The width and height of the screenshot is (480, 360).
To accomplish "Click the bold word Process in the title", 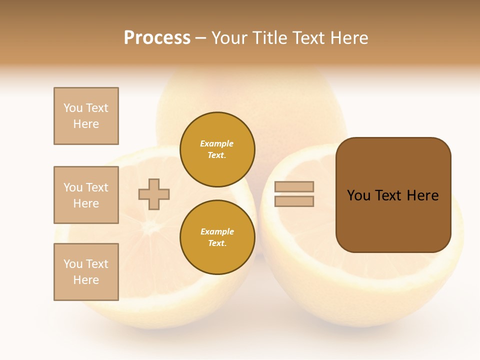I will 157,38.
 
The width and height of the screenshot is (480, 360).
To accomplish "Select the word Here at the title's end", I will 348,38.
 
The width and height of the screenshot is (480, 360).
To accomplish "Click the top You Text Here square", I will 86,116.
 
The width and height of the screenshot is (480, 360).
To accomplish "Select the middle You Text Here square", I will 86,195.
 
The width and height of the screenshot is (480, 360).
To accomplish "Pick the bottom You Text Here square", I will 86,272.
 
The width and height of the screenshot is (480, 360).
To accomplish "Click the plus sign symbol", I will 154,194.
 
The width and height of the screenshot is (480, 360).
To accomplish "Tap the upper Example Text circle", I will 217,149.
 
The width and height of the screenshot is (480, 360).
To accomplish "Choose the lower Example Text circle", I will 217,237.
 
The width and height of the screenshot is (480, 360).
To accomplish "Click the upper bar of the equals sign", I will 294,187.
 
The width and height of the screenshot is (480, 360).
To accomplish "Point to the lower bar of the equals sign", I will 294,201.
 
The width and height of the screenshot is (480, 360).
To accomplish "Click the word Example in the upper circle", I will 217,144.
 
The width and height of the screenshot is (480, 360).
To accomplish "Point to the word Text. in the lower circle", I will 217,243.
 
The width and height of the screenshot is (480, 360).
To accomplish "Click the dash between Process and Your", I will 201,38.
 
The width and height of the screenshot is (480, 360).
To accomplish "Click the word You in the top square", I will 73,108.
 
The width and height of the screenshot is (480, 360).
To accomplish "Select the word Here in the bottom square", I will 86,280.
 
